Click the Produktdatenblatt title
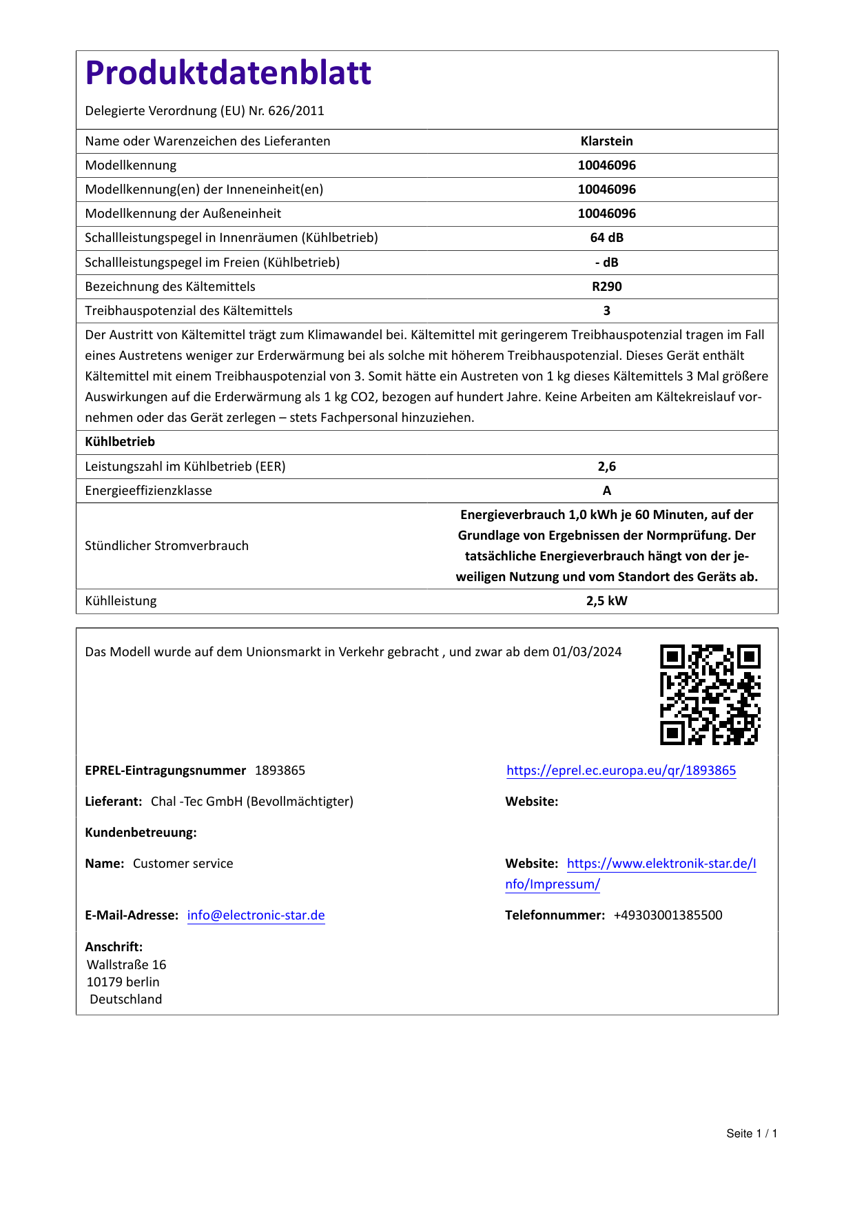point(228,73)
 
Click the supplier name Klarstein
point(606,141)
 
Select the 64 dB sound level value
point(606,238)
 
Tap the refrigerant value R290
point(606,287)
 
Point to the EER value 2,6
point(606,467)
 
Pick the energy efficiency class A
point(606,491)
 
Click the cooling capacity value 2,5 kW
point(606,601)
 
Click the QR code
point(710,695)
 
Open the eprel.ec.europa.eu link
point(621,771)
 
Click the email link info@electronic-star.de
point(256,915)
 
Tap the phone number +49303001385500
point(668,915)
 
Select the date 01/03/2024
point(587,652)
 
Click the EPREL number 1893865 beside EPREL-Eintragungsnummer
point(280,771)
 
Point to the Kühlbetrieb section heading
point(120,442)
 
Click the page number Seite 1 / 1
point(752,1134)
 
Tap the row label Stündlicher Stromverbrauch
point(167,546)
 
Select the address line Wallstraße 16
point(126,965)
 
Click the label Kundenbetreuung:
point(141,833)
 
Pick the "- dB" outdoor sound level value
point(606,263)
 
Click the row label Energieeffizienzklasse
point(148,491)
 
